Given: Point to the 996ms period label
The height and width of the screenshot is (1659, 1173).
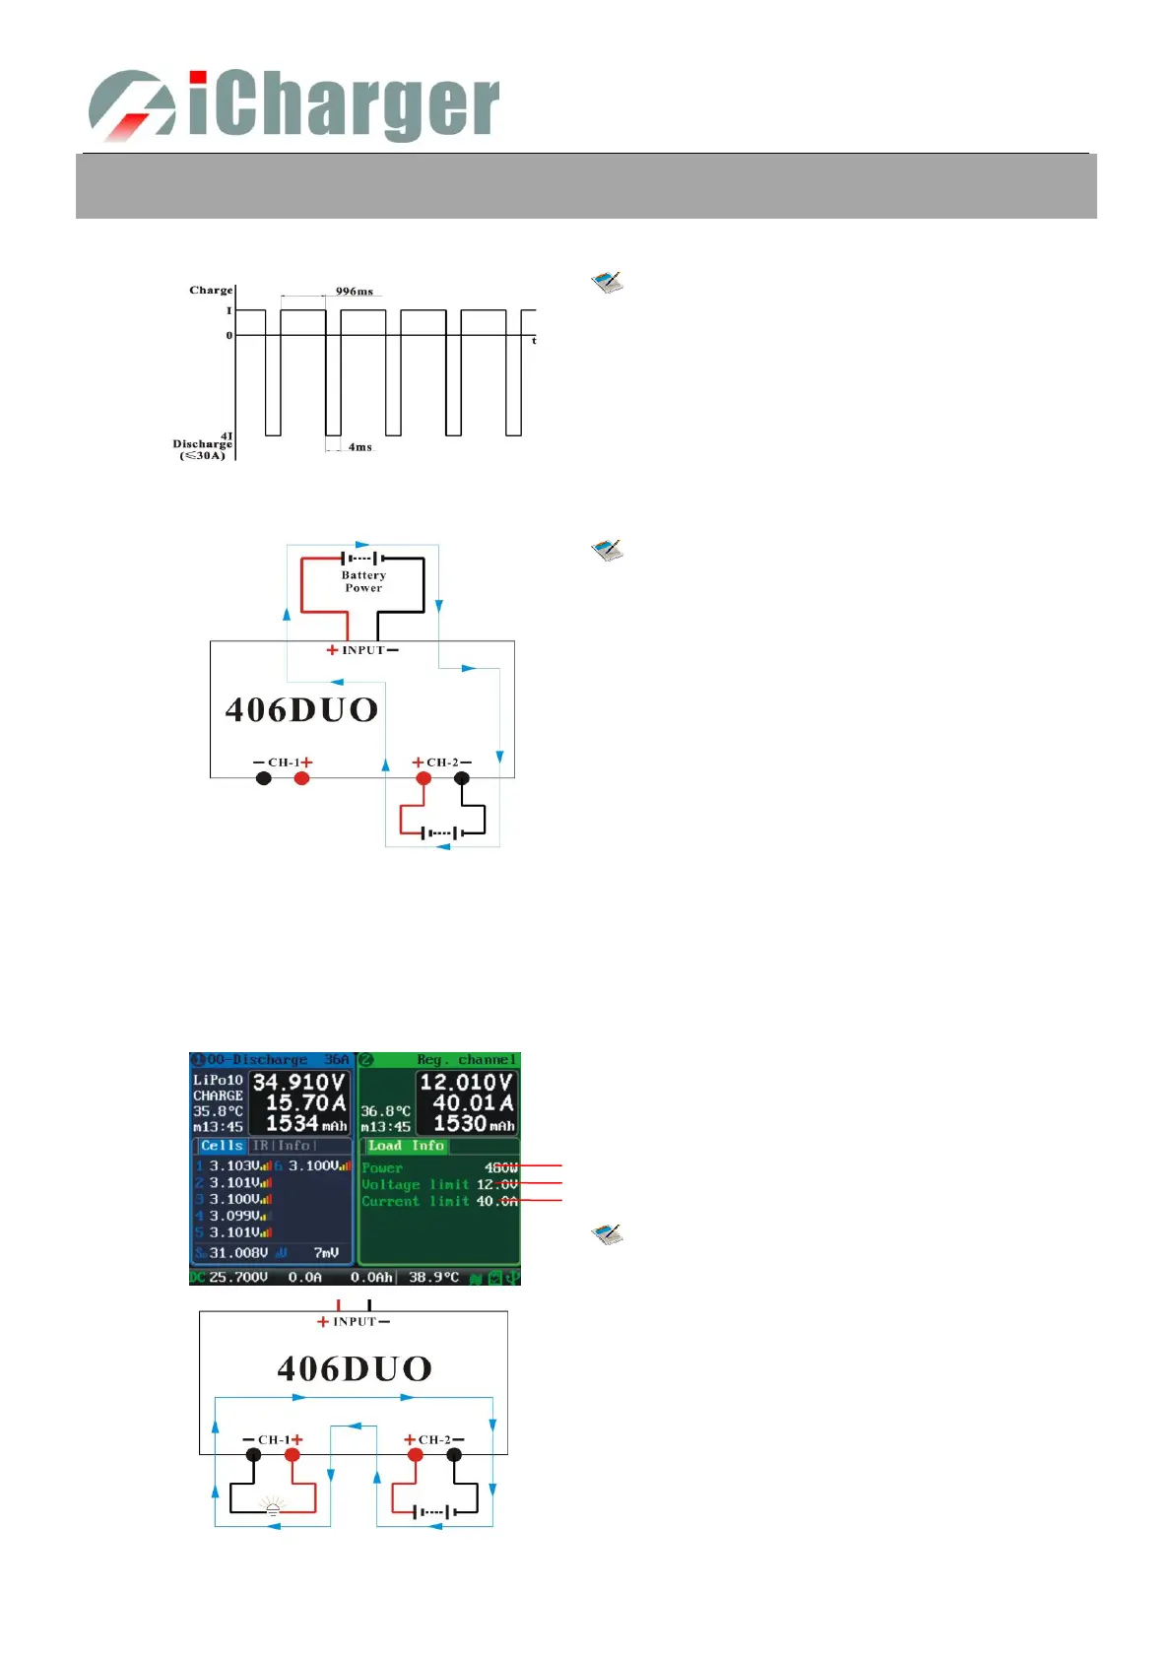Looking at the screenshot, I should click(x=354, y=292).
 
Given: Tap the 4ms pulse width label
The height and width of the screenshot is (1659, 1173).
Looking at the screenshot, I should click(x=359, y=447).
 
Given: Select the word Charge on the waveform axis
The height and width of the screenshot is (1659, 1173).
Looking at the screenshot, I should click(x=211, y=291).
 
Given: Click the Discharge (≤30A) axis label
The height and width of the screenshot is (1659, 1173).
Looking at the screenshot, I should click(x=202, y=449).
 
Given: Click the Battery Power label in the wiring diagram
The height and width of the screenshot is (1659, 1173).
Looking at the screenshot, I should click(x=363, y=581).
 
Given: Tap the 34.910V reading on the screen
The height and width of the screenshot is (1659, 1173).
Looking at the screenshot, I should click(x=298, y=1083).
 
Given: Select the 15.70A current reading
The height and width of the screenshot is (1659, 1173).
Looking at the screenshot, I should click(x=305, y=1103).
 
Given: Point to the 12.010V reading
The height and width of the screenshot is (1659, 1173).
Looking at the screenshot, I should click(x=466, y=1083).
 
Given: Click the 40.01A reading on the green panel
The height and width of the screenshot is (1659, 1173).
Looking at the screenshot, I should click(x=473, y=1103).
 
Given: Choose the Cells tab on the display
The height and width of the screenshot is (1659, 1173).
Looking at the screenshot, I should click(x=222, y=1146).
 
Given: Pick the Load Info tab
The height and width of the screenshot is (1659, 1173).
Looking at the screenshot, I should click(x=406, y=1146).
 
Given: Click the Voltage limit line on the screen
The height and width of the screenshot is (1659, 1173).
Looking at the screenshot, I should click(x=438, y=1184).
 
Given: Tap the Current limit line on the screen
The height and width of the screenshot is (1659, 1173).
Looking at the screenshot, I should click(x=438, y=1201).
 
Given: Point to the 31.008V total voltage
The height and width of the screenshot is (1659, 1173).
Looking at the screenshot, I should click(x=238, y=1253).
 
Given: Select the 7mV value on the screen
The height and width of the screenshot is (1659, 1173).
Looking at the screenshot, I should click(x=326, y=1253).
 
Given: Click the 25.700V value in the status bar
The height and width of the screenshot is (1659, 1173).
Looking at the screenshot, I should click(x=237, y=1277).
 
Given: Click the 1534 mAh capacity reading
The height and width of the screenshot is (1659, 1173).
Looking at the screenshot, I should click(x=305, y=1124).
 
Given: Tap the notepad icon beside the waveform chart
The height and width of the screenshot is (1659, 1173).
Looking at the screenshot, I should click(x=608, y=283).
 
